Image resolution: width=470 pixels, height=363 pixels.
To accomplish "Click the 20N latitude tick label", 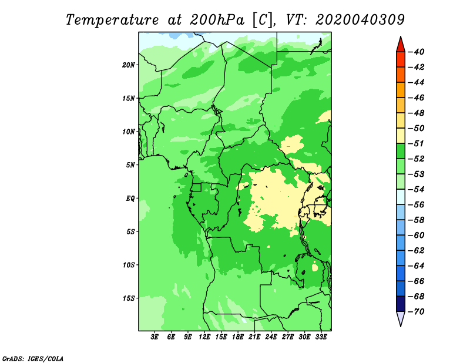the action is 129,65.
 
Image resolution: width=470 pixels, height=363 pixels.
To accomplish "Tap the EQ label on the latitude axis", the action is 130,199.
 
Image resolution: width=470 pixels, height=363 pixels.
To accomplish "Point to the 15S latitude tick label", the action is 129,298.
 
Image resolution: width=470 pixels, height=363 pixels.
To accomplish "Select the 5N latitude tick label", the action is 130,165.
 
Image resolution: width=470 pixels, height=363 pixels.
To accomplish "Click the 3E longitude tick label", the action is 155,337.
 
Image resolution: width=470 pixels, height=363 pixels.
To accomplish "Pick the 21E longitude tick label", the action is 254,337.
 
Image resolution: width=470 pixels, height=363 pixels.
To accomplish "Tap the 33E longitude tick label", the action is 321,337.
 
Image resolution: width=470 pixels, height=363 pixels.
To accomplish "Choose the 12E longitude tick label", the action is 204,337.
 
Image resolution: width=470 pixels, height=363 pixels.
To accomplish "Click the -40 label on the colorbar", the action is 417,52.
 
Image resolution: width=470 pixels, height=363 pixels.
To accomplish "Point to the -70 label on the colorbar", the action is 417,312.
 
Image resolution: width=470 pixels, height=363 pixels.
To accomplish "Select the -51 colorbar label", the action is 417,143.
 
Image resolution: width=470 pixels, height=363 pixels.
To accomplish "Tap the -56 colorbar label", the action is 417,205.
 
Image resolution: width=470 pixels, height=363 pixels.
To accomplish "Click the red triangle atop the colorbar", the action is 401,45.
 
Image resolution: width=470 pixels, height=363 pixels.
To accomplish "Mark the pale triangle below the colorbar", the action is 401,318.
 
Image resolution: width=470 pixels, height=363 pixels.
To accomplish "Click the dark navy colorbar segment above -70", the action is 401,304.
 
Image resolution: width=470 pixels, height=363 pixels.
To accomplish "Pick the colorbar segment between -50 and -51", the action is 401,136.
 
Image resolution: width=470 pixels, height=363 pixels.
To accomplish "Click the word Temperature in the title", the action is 112,20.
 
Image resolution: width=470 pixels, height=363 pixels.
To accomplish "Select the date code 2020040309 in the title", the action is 360,20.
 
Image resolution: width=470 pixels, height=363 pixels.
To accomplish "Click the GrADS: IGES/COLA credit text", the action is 33,358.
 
